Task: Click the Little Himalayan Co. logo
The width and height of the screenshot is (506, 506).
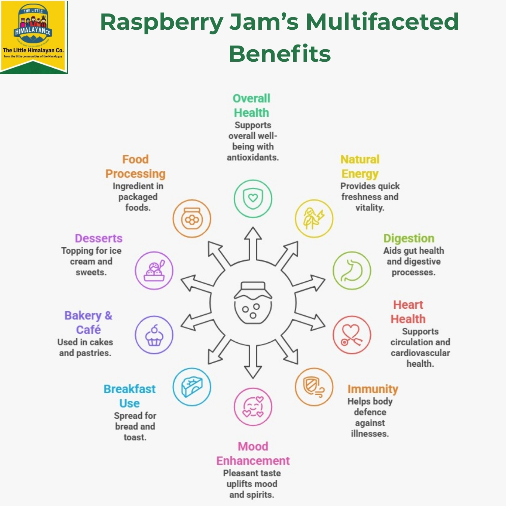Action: (x=34, y=37)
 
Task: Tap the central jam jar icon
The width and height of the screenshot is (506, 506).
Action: (x=253, y=303)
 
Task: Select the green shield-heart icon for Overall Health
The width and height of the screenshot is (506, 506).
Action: (x=253, y=198)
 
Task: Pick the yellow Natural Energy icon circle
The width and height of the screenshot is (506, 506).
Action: (x=314, y=218)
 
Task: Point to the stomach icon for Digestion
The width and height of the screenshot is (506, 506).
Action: (x=352, y=271)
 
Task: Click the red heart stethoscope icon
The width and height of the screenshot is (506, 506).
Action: (x=352, y=335)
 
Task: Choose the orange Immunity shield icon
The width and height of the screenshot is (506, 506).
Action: (x=314, y=387)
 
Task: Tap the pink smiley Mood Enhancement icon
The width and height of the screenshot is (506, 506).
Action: (x=253, y=407)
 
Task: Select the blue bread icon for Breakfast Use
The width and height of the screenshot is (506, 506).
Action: (x=192, y=387)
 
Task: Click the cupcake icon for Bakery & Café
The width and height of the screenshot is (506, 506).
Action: (x=154, y=335)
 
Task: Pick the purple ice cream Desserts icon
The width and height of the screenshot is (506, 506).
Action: (x=154, y=271)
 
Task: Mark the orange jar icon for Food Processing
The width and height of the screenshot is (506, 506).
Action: (x=192, y=218)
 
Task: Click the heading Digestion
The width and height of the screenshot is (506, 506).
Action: (x=409, y=238)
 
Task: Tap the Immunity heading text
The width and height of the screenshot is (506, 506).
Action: (x=373, y=389)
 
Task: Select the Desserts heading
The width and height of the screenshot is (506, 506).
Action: (x=99, y=238)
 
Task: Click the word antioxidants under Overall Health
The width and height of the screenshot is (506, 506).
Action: (x=253, y=158)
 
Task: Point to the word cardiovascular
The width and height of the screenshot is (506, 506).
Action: (x=420, y=353)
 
